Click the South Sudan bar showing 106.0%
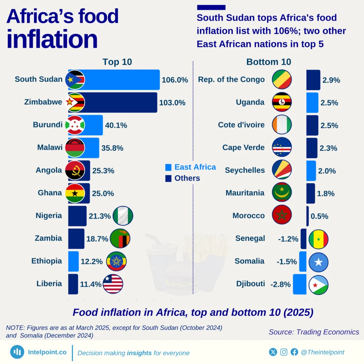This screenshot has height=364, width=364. point(121,80)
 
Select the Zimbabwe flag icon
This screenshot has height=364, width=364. point(75,102)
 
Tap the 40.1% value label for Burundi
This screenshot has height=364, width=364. point(116,125)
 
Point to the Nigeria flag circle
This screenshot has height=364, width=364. point(123,216)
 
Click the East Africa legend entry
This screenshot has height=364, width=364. point(191,167)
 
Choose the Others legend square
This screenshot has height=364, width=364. point(168,178)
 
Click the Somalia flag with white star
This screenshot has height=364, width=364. point(318,262)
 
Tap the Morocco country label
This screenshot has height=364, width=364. point(248,216)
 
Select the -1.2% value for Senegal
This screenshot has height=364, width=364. point(288,239)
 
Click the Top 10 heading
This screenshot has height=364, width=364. point(117,62)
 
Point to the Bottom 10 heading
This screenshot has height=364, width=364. point(269,62)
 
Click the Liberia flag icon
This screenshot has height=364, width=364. point(113,284)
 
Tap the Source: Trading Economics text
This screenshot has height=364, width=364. point(314,332)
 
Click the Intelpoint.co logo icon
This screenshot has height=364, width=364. point(17,352)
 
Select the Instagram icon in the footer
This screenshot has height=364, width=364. point(284,352)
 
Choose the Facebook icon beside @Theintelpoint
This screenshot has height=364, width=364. point(294,352)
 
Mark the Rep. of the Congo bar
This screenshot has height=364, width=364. point(313,80)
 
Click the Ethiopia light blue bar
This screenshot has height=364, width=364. point(73,261)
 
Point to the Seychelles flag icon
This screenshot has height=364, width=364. point(282,170)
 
